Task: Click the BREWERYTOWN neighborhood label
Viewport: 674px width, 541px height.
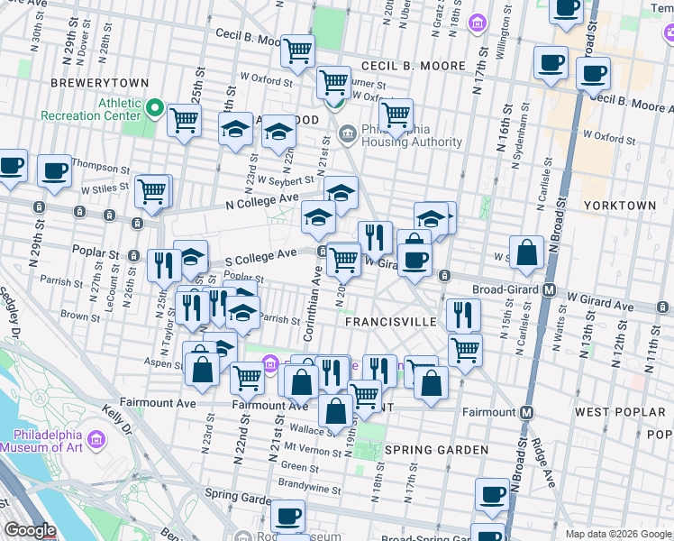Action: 86,81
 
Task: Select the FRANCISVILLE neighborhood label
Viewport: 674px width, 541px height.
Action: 392,321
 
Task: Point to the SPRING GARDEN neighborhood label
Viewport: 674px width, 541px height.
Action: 424,449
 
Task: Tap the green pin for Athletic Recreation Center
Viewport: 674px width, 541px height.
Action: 155,109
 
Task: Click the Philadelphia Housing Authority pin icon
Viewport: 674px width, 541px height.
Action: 348,135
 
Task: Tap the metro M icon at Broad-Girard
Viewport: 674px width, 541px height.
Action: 547,289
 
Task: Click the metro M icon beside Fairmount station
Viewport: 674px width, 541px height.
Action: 528,412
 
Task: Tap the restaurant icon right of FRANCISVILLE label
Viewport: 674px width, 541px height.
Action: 463,314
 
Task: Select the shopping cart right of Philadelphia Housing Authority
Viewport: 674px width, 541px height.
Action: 396,114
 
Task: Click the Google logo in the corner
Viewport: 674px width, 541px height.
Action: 30,531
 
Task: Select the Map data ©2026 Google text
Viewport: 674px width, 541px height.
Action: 617,534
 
